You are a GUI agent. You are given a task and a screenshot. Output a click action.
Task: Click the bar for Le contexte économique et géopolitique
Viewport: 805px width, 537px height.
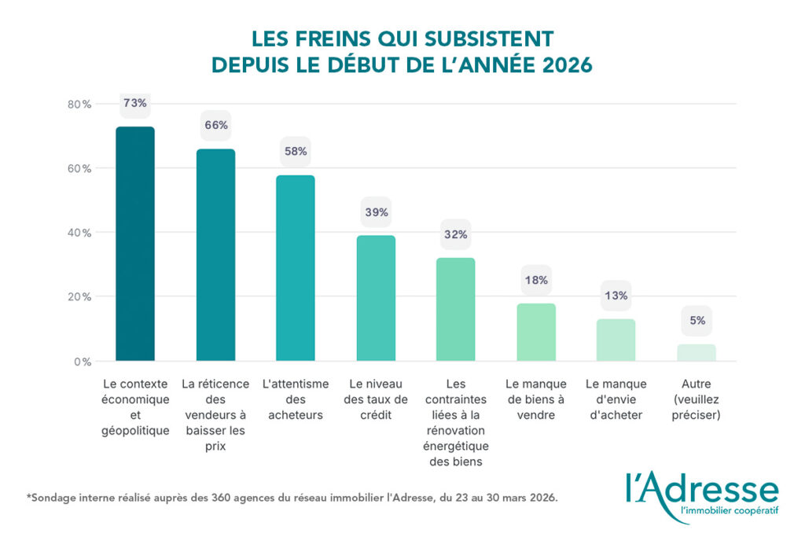[x=135, y=244]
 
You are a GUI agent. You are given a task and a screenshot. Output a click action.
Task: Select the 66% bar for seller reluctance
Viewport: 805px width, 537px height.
[x=215, y=255]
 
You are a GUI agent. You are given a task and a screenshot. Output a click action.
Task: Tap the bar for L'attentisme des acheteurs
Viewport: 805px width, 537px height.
[x=296, y=268]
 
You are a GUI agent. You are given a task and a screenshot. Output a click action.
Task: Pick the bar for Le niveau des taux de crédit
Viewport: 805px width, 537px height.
[x=376, y=298]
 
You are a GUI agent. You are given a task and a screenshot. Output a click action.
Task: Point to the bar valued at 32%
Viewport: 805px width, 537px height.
[x=456, y=310]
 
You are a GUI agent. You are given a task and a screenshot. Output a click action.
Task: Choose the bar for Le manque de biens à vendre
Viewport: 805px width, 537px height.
[x=536, y=332]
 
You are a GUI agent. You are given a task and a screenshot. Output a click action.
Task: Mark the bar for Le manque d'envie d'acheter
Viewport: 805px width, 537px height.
[x=616, y=340]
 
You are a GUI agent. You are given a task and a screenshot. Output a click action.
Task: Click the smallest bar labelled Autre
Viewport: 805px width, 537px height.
[x=697, y=353]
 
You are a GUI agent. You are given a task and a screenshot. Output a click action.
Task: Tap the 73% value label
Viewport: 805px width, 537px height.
[x=135, y=103]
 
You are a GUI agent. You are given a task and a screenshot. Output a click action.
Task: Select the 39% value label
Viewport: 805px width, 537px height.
[x=376, y=211]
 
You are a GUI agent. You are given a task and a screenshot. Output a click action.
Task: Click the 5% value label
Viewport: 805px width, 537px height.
[x=697, y=320]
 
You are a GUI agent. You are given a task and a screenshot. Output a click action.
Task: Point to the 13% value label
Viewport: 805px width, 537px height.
[x=616, y=296]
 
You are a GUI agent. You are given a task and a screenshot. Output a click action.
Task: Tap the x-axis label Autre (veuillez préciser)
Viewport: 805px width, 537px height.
[x=697, y=399]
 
